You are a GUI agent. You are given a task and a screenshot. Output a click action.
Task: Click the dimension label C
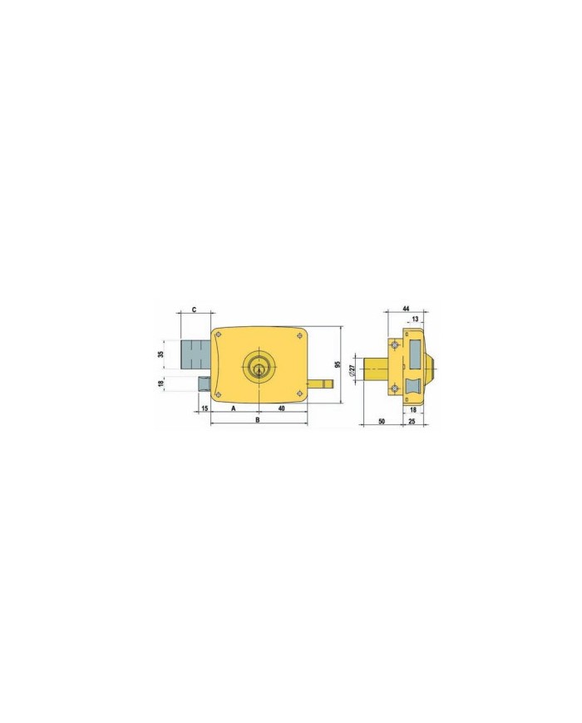point(194,310)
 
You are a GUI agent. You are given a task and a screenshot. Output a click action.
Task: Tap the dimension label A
point(234,408)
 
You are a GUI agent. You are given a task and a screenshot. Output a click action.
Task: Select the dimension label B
point(258,419)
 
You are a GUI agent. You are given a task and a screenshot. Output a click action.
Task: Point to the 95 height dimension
point(338,364)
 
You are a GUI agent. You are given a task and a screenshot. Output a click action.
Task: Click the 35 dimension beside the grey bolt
point(160,354)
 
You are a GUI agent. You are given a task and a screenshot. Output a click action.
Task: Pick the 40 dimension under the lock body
point(282,408)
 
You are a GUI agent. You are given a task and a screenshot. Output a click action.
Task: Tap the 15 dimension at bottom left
point(205,408)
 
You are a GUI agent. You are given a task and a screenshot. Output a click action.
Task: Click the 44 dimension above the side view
point(406,308)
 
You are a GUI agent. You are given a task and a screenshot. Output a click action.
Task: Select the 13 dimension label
point(415,319)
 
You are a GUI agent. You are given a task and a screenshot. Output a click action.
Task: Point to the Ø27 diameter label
point(352,370)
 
